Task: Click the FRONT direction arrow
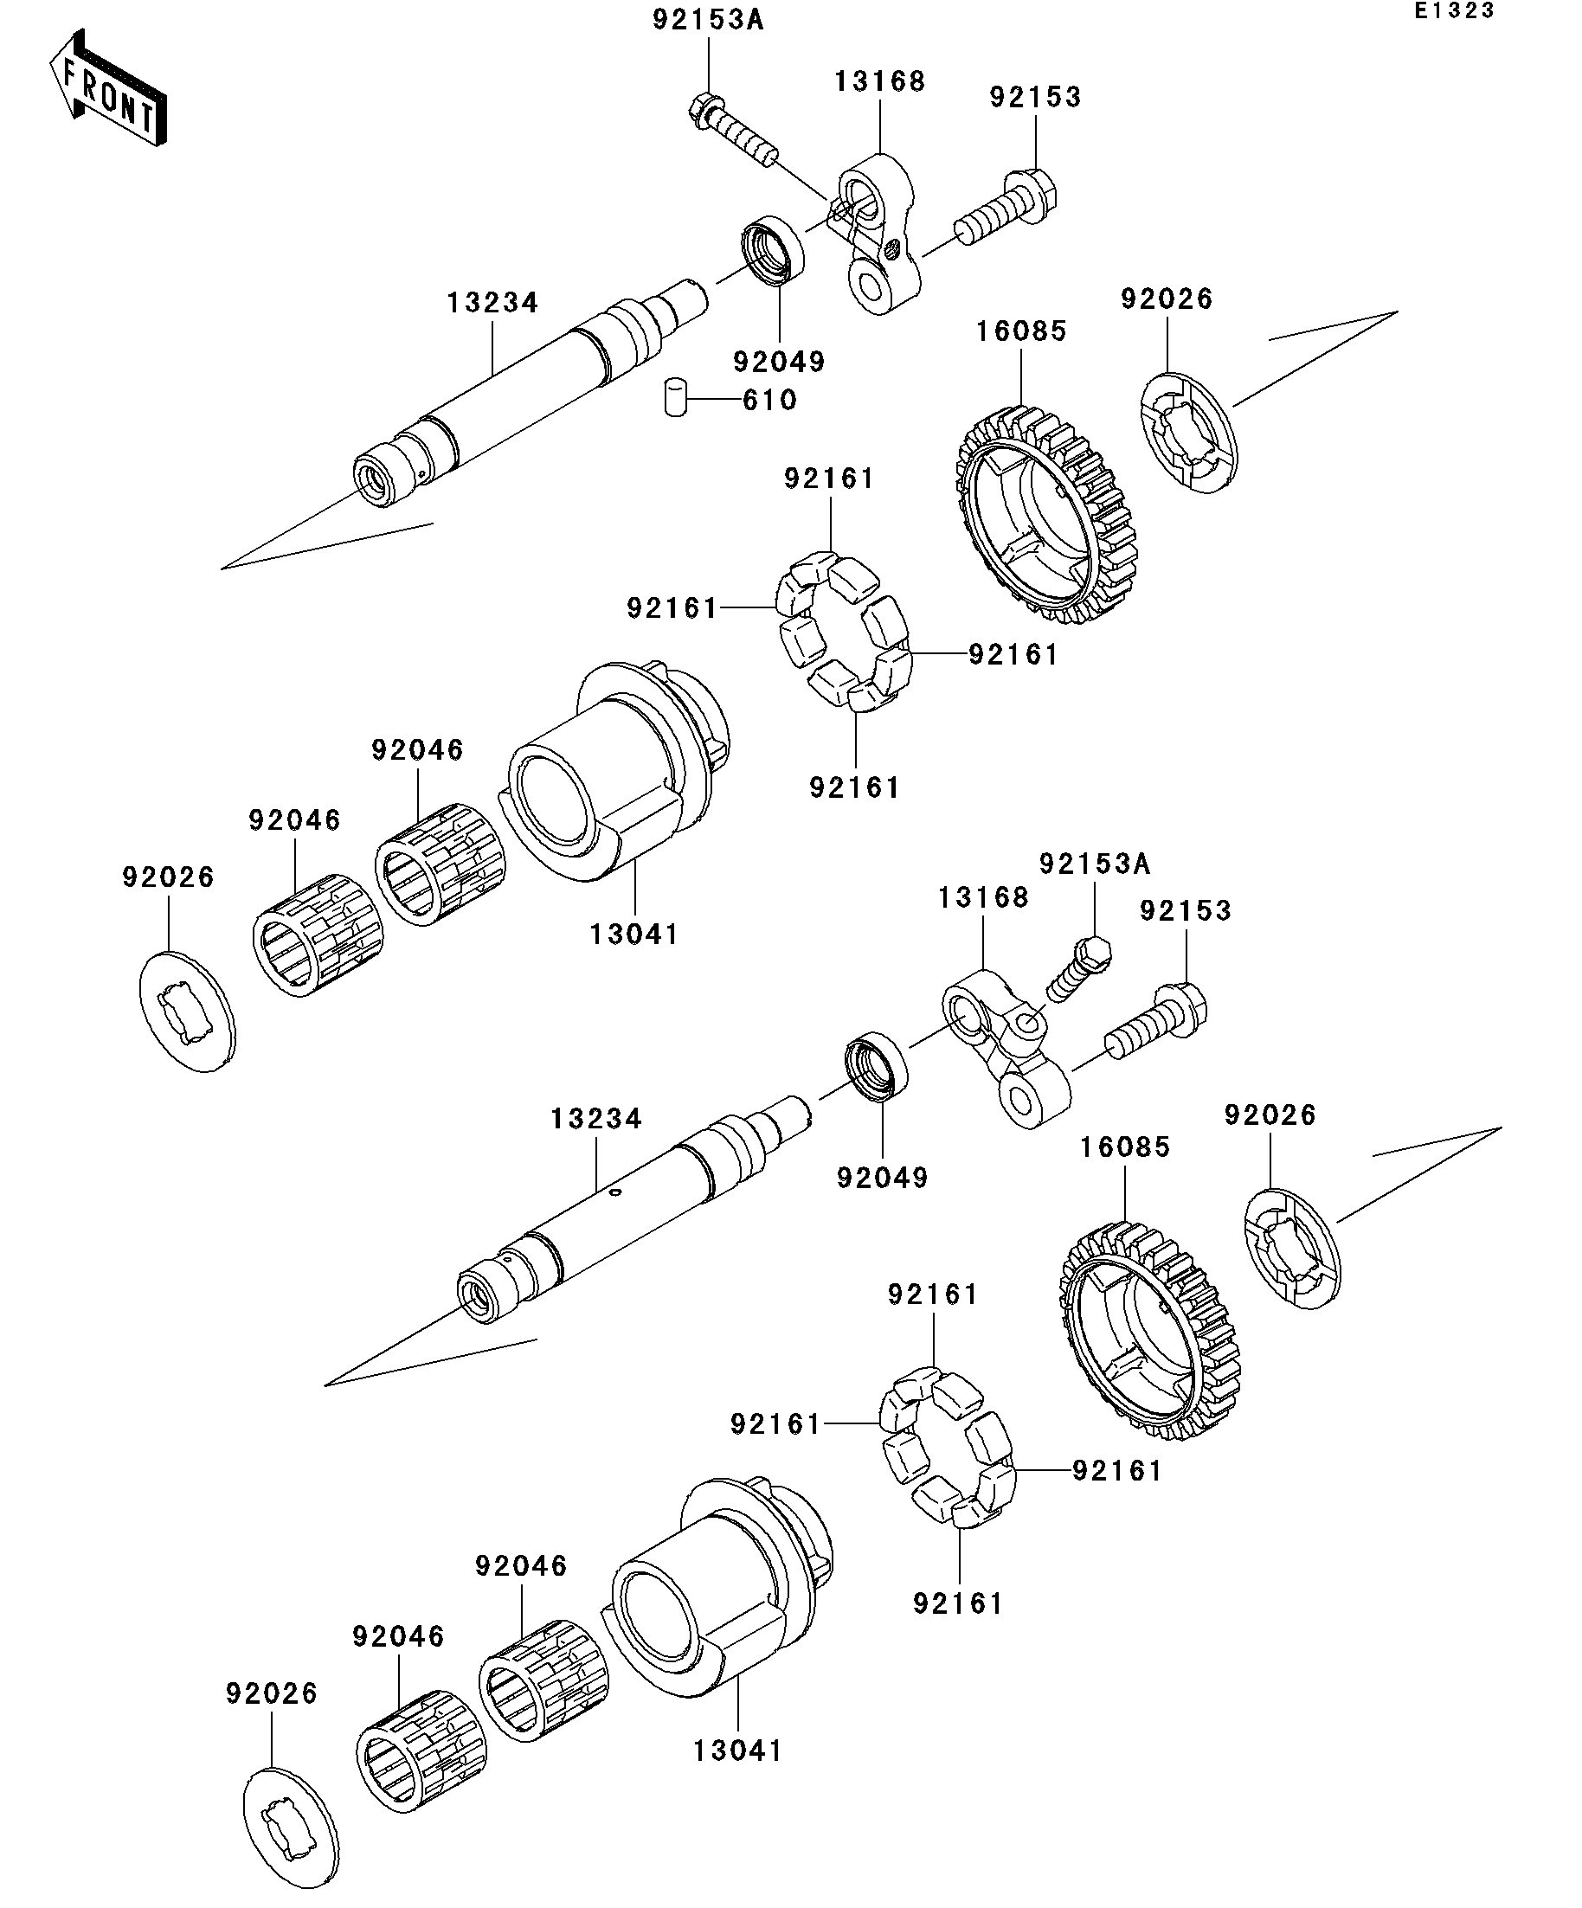[x=107, y=89]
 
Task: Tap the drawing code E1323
[x=1453, y=11]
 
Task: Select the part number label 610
[x=768, y=400]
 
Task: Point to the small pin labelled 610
[x=674, y=397]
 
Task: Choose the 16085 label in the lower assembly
[x=1125, y=1147]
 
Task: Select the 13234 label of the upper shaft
[x=492, y=303]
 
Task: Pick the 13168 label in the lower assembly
[x=983, y=897]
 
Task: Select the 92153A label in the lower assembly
[x=1094, y=864]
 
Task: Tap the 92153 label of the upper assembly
[x=1035, y=97]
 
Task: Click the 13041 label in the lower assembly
[x=737, y=1751]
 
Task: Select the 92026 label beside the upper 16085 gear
[x=1166, y=299]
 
